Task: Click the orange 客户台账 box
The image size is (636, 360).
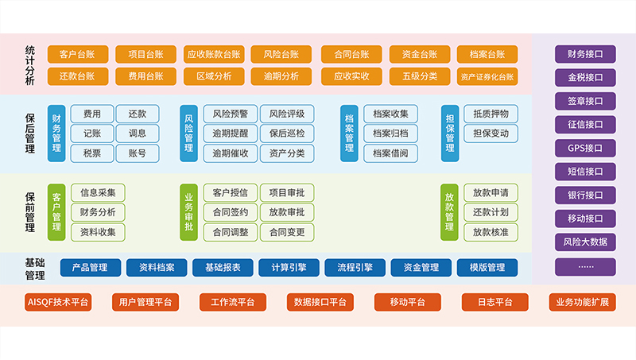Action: pos(78,55)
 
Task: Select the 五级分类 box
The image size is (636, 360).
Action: pos(419,77)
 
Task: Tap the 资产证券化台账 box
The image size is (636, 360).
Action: pos(487,77)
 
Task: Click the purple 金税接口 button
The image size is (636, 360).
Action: pos(585,78)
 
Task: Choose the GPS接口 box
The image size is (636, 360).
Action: pos(585,148)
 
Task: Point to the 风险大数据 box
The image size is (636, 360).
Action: pos(585,242)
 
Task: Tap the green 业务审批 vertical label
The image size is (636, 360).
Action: pos(188,211)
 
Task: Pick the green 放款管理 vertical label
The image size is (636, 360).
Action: pos(449,211)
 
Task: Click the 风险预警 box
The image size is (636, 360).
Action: pos(231,114)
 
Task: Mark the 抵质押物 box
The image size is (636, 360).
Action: pos(491,114)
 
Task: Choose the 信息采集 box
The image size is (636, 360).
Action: pos(98,192)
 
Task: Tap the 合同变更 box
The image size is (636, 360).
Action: pos(286,232)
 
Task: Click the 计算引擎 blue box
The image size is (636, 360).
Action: pos(289,268)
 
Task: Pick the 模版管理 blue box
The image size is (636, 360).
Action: pos(487,268)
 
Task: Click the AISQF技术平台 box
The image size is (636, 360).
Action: pos(59,302)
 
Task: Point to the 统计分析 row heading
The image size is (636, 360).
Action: pos(30,65)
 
